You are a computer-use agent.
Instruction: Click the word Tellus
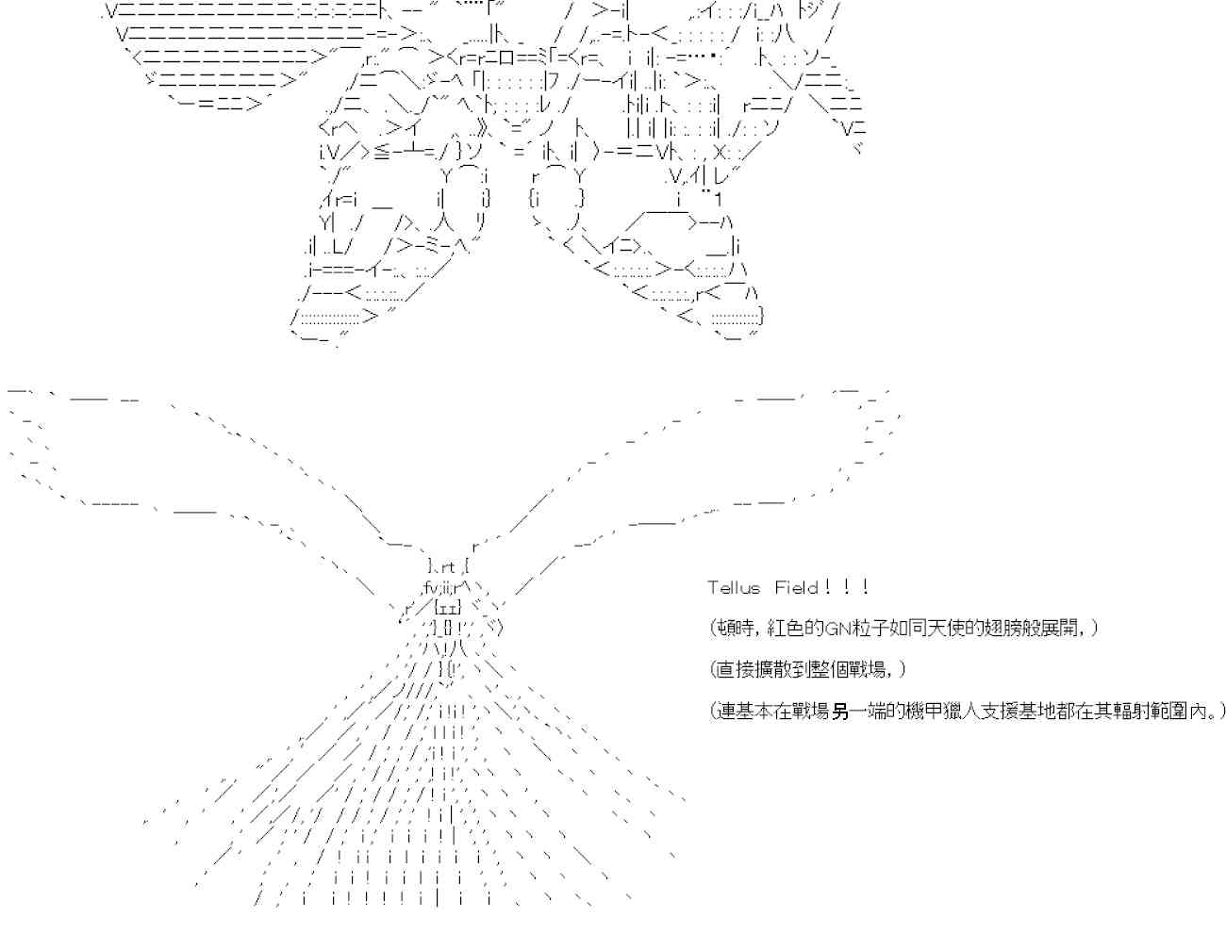click(734, 588)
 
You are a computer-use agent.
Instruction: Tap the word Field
click(796, 588)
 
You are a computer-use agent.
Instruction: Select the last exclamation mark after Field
click(865, 587)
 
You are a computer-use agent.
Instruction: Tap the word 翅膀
click(993, 629)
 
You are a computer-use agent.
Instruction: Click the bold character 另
click(839, 712)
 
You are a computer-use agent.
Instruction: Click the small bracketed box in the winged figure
click(447, 608)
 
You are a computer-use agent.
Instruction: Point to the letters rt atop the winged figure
click(447, 566)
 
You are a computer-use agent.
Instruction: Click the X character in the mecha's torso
click(721, 153)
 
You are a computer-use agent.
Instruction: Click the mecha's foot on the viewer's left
click(340, 317)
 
